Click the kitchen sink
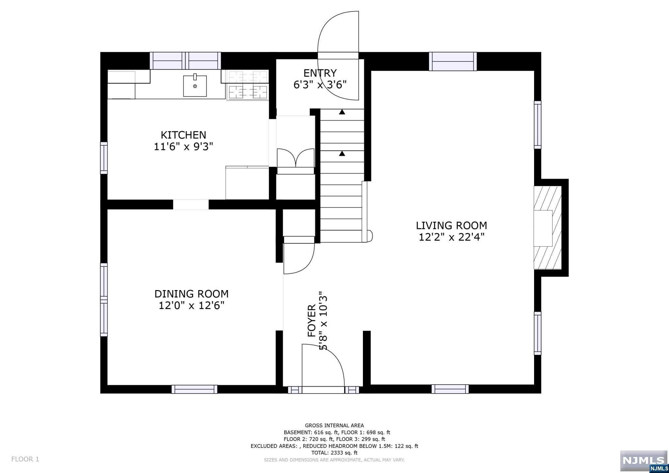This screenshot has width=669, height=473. tap(195, 86)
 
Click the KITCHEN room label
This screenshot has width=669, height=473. tap(183, 135)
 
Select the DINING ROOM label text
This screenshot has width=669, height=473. tap(191, 294)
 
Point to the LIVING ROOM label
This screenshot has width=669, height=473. tap(451, 225)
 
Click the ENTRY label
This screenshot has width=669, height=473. tap(320, 73)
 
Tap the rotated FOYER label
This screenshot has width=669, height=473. tap(312, 320)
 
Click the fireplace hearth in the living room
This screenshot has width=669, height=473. tap(547, 228)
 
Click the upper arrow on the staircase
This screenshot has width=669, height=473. tap(342, 112)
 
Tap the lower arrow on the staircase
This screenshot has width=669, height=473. tap(342, 153)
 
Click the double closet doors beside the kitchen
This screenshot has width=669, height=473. tap(296, 158)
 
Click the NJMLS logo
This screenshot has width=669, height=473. tap(644, 461)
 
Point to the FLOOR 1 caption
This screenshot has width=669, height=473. tap(25, 459)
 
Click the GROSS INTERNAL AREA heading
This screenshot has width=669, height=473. tap(334, 425)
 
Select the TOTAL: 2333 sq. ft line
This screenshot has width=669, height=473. tap(334, 453)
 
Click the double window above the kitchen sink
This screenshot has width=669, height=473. tap(185, 61)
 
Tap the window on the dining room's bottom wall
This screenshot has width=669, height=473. tap(194, 389)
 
